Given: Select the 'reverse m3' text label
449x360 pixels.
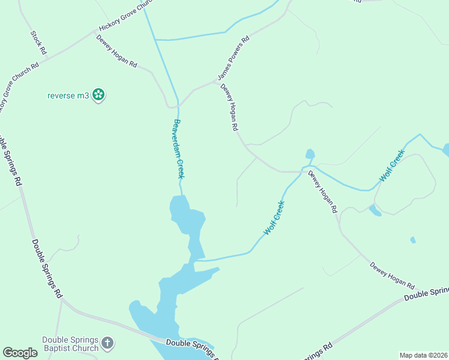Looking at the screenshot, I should click(x=68, y=95).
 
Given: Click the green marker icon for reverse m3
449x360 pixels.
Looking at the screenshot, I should click(x=99, y=95).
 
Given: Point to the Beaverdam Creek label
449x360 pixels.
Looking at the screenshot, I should click(x=178, y=148).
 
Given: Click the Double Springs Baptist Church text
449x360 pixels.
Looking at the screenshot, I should click(x=70, y=344).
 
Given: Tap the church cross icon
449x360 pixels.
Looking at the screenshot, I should click(x=107, y=343).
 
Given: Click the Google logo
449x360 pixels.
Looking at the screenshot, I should click(x=20, y=353).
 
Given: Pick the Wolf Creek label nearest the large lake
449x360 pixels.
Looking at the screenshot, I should click(x=274, y=218).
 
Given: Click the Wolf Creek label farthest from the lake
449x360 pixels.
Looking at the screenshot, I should click(x=392, y=166).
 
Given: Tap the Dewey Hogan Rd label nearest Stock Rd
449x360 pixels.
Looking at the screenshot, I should click(x=116, y=51).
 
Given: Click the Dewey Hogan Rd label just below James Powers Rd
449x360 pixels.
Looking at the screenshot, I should click(x=229, y=107).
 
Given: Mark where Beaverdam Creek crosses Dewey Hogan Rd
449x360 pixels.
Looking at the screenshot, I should click(x=177, y=106).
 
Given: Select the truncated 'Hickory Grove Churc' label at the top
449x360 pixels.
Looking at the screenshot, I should click(x=123, y=17).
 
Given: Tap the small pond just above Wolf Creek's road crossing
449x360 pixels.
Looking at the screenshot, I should click(x=310, y=154).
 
